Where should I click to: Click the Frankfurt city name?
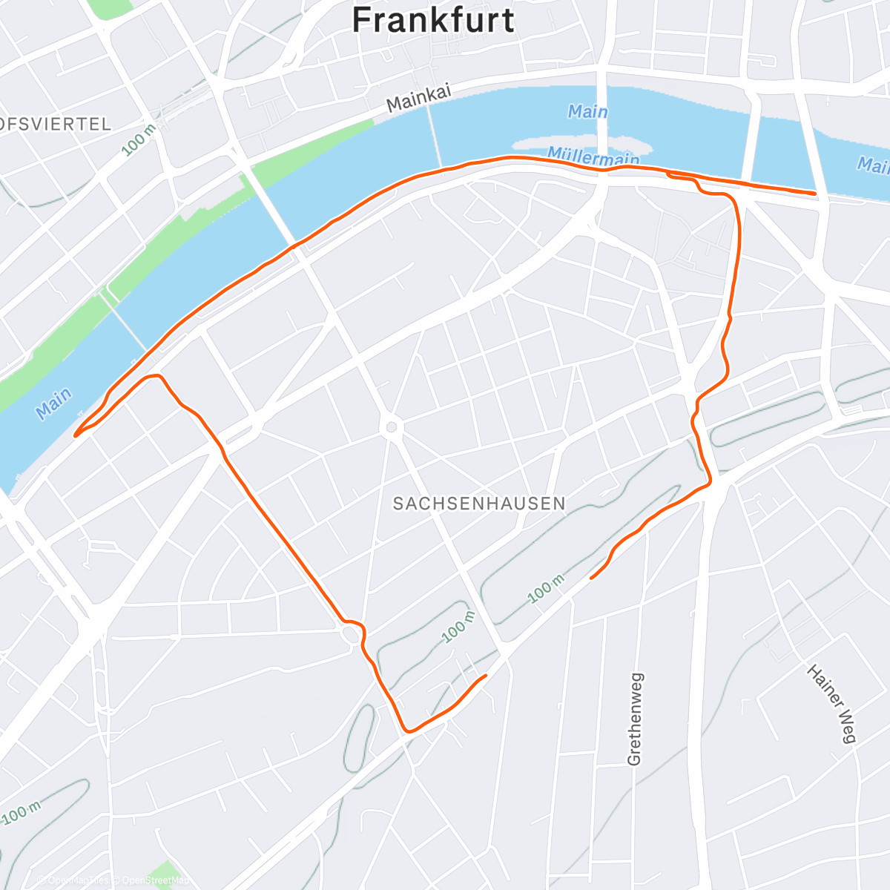433,20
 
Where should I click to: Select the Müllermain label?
593,156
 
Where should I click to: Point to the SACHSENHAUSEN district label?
479,504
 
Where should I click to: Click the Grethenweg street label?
635,719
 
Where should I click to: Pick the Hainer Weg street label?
831,703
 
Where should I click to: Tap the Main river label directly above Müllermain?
587,112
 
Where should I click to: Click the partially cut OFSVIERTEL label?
56,124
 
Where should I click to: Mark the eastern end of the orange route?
815,194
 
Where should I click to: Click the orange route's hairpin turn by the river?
76,435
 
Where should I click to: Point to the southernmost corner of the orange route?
406,731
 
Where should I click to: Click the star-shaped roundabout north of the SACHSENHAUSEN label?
391,426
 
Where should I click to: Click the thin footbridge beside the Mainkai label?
436,133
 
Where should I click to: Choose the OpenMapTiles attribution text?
77,881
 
